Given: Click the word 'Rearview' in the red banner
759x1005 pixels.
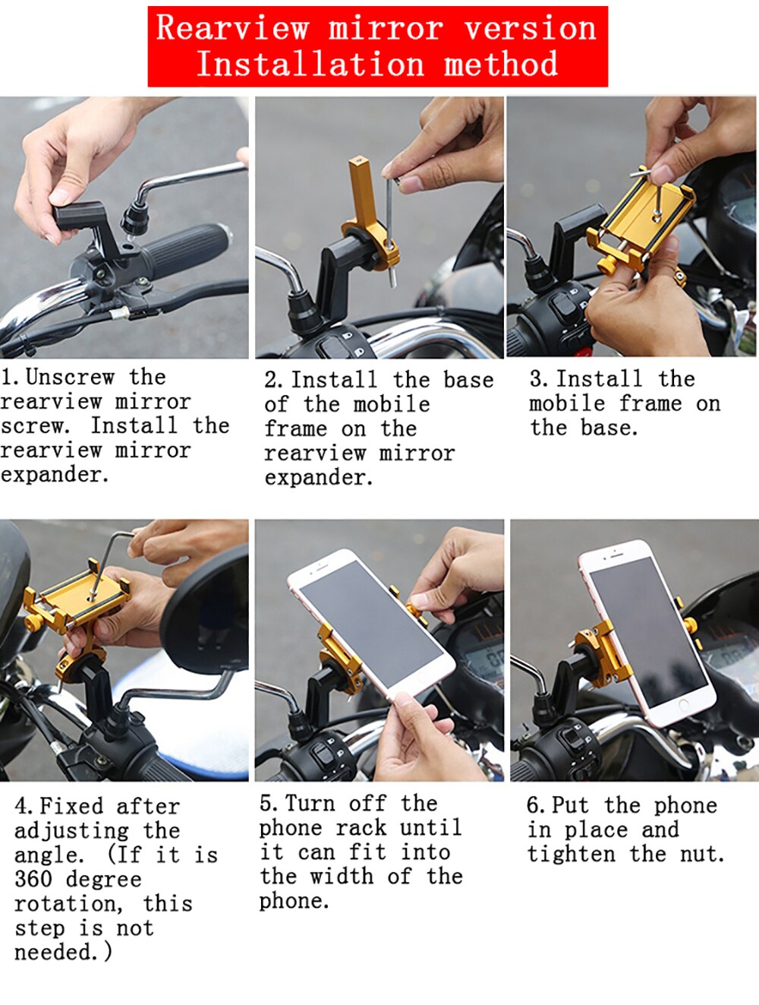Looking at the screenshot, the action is point(232,28).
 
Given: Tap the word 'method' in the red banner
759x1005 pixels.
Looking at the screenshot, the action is point(501,64).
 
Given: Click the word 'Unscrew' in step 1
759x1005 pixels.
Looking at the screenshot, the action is point(70,378).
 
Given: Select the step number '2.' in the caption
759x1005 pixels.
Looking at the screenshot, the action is point(273,381).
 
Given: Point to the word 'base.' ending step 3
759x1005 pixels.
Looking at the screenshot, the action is point(609,428).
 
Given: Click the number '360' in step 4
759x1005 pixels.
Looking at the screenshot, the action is point(33,879).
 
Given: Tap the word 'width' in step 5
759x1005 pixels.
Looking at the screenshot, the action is point(342,877).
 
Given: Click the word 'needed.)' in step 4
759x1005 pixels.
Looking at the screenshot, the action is point(63,952).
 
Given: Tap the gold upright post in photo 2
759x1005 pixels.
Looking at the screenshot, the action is point(363,192).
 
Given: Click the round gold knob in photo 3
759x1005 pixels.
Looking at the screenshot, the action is point(607,264).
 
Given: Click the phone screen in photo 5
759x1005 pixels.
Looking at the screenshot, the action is point(371,624).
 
